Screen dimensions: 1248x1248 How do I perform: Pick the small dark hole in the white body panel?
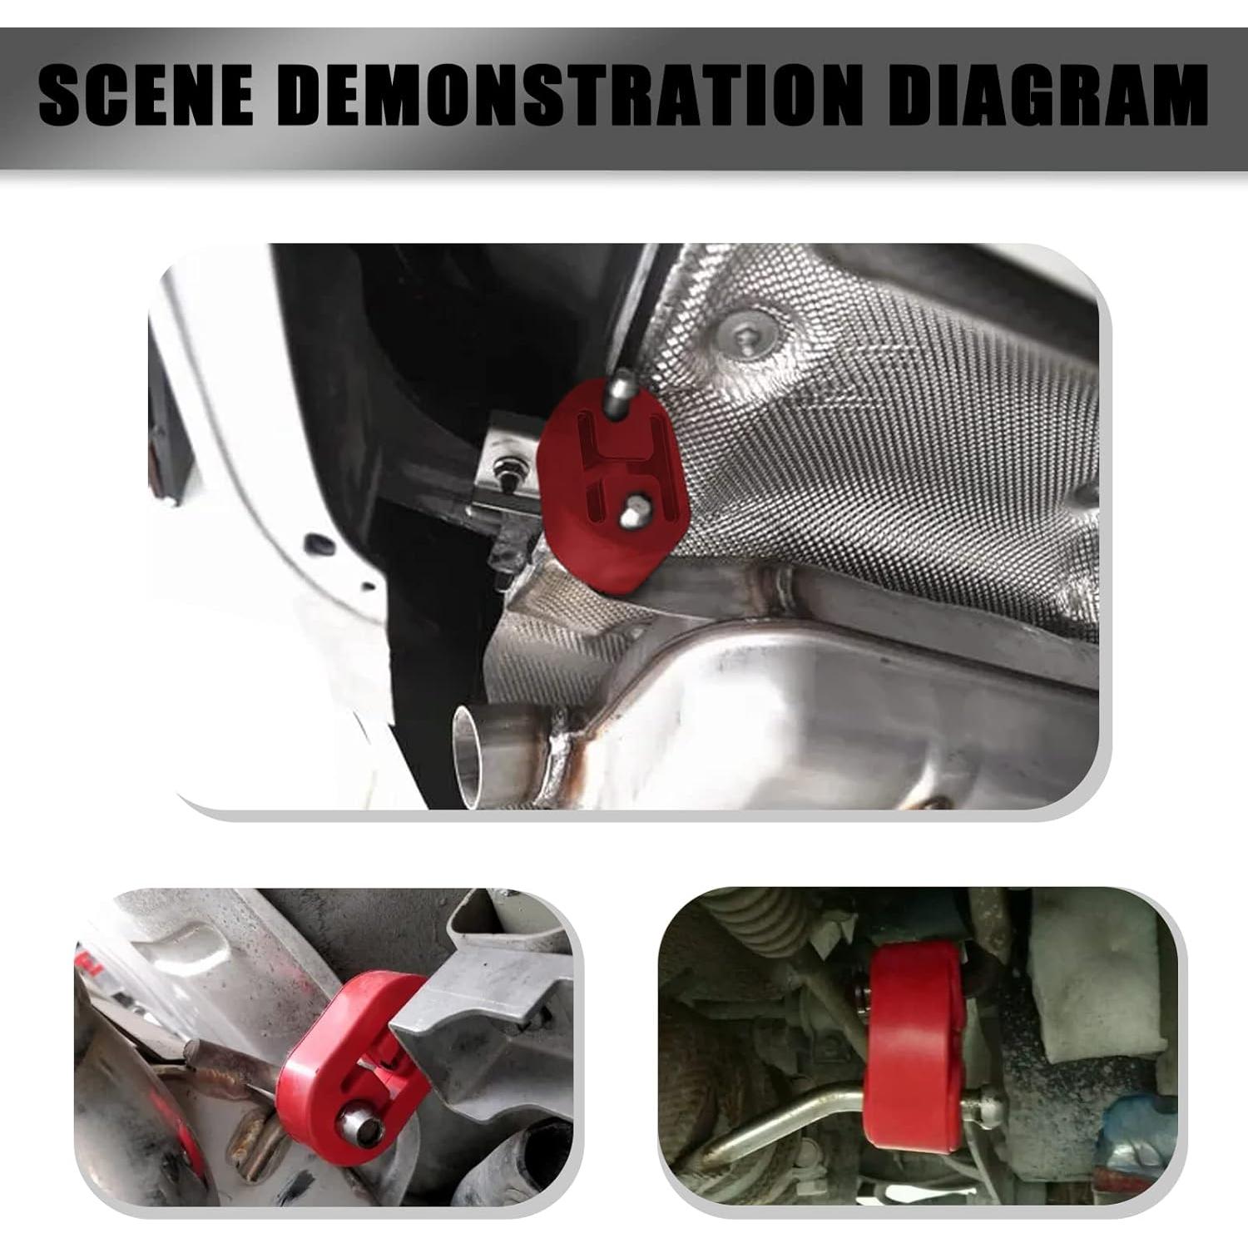[x=316, y=545]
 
